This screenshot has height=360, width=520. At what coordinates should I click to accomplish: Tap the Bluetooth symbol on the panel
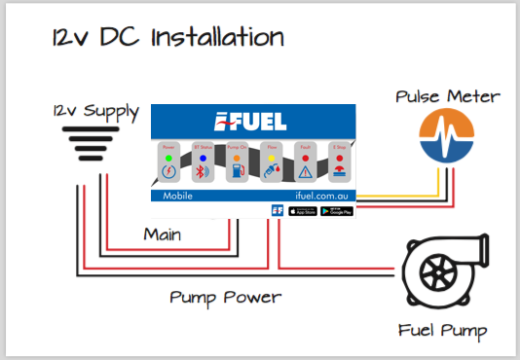(202, 173)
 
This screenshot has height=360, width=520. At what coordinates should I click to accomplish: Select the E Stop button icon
(336, 173)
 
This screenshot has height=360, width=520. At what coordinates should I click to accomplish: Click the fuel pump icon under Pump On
(234, 173)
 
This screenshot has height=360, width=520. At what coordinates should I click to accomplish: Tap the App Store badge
(303, 210)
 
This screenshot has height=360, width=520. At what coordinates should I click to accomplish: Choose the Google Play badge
(337, 210)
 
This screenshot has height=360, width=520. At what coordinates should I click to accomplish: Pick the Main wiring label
(163, 234)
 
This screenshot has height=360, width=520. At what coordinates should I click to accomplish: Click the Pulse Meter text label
(447, 96)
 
